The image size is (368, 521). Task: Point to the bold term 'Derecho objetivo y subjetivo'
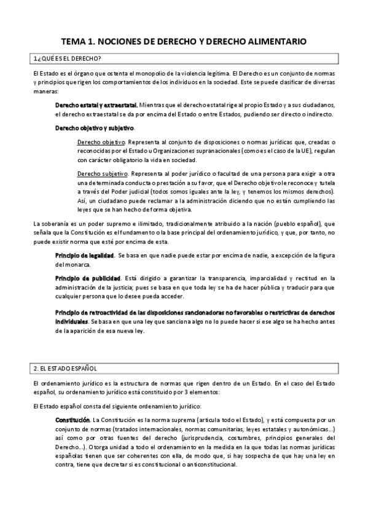(94, 128)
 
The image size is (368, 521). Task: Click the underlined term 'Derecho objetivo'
(97, 142)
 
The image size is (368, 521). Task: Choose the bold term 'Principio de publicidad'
(87, 278)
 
